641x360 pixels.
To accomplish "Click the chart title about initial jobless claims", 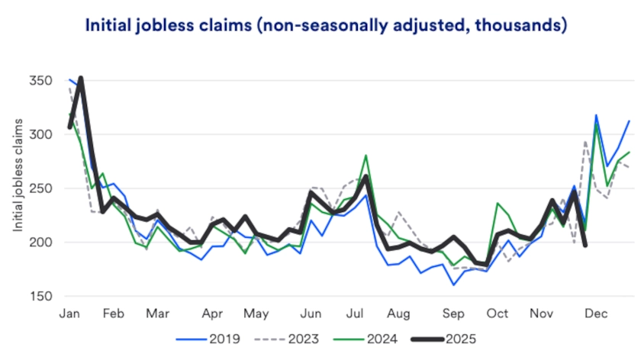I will (326, 25).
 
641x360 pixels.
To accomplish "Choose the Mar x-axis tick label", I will (158, 313).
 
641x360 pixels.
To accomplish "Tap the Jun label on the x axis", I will (311, 313).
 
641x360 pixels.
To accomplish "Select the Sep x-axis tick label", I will (453, 313).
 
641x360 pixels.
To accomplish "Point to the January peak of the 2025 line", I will (80, 78).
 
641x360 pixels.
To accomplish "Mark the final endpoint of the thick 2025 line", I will (585, 245).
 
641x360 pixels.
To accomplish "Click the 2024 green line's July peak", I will (366, 156).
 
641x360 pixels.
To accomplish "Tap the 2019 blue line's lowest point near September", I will (453, 284).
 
